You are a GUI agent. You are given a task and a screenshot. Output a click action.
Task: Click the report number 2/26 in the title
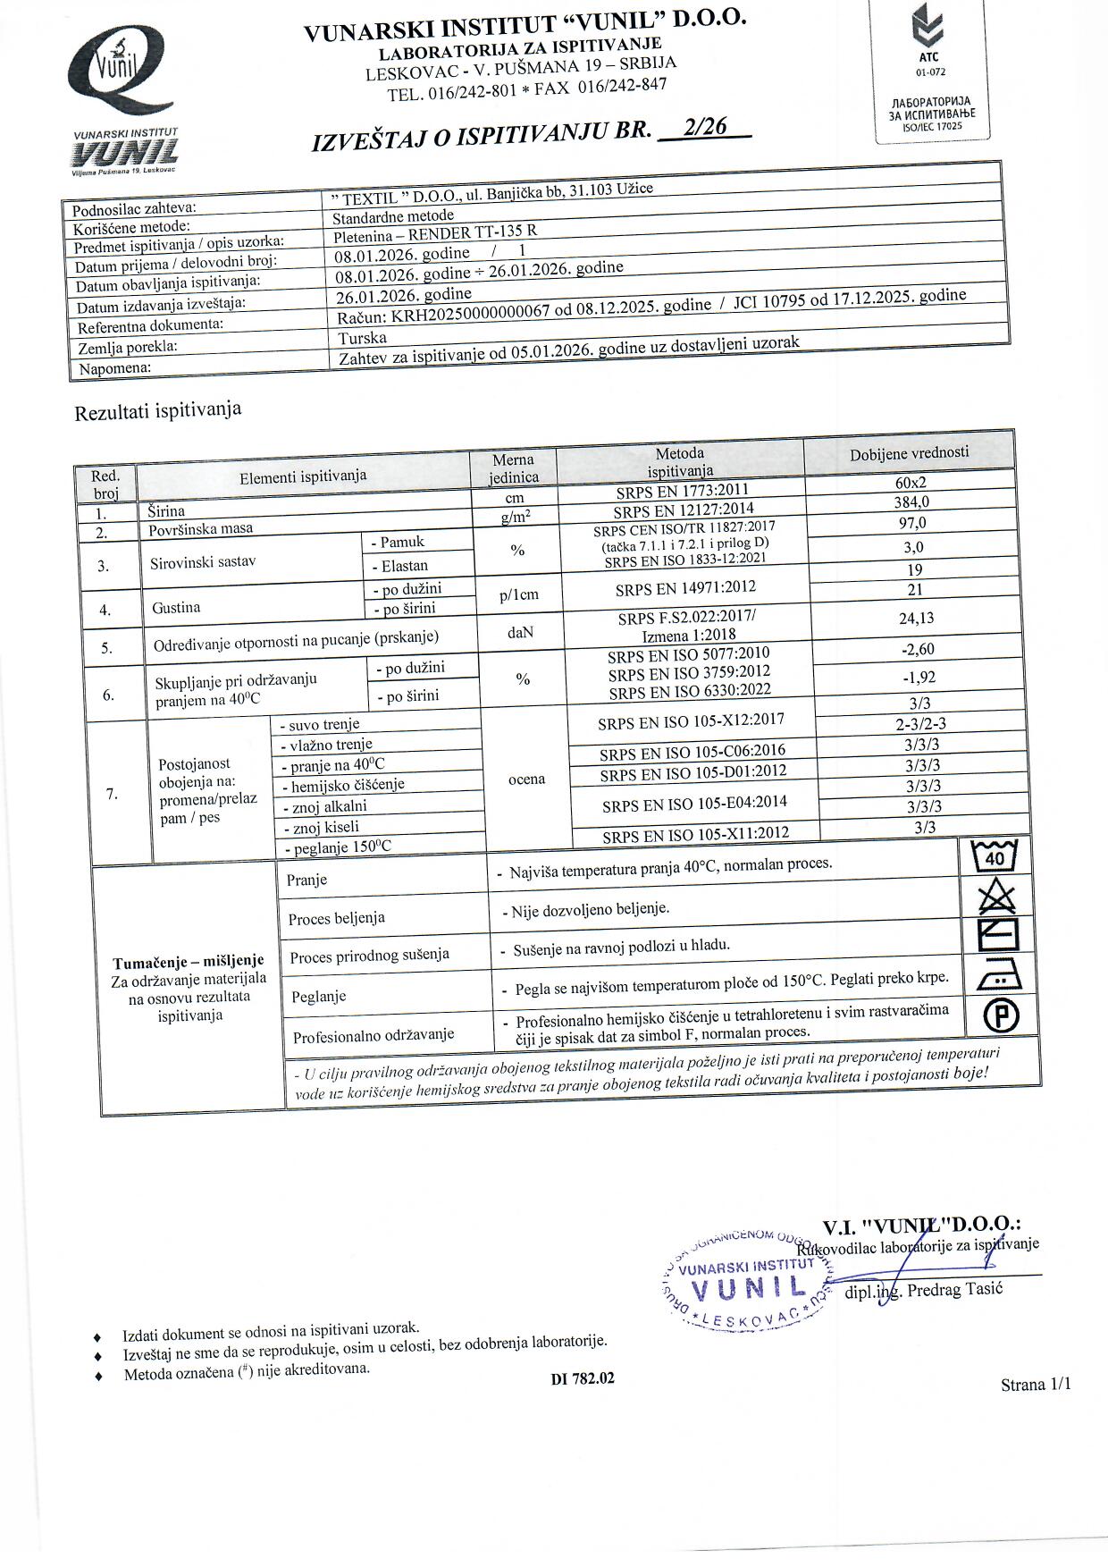[703, 128]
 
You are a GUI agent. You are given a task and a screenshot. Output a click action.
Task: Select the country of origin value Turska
[363, 338]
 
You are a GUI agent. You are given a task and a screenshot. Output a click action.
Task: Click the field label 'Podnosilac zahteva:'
[135, 209]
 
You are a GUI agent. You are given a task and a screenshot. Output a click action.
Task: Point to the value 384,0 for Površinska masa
[911, 502]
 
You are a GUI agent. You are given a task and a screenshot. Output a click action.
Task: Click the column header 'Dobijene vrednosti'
[909, 452]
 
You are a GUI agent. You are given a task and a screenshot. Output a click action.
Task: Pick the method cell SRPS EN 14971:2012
[685, 588]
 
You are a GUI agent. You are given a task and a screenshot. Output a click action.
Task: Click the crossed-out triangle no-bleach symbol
[995, 897]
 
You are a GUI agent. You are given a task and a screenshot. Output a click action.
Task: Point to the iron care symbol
[995, 977]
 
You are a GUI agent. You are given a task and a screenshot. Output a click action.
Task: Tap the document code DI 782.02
[583, 1377]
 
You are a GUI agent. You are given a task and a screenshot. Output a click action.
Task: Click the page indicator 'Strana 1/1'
[1035, 1385]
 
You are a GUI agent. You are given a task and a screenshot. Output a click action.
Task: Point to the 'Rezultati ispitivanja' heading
[158, 411]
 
